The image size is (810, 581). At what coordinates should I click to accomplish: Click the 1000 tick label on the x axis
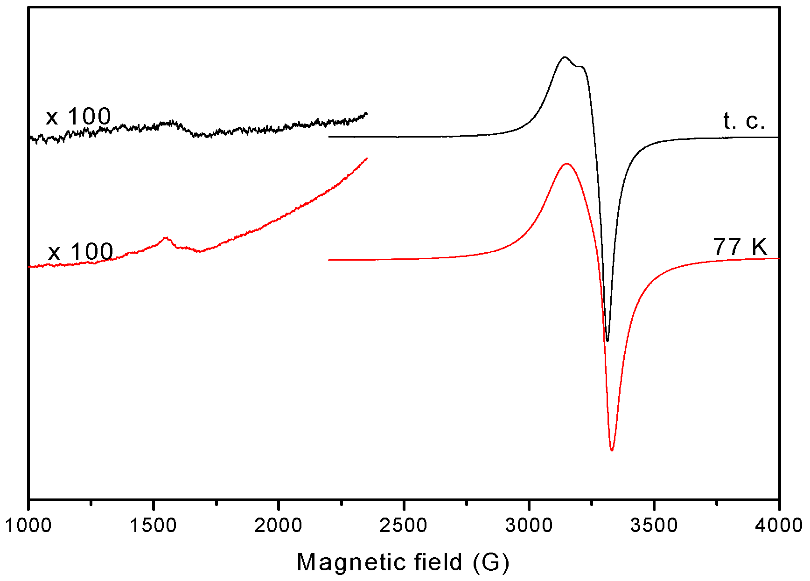coord(28,525)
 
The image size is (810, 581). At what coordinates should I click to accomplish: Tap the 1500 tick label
coord(153,525)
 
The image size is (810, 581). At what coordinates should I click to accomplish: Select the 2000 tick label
coord(278,525)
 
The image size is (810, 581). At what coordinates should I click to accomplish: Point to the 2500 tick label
coord(403,525)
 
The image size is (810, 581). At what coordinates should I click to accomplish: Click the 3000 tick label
coord(529,525)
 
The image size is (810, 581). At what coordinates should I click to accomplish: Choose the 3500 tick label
coord(654,525)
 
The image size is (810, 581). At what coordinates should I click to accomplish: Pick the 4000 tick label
coord(779,525)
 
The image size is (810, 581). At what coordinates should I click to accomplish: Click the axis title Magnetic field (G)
coord(403,562)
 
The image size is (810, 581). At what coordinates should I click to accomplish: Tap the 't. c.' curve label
coord(744,121)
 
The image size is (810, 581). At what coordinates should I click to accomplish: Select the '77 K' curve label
coord(740,247)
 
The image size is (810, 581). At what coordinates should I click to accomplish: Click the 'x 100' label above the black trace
coord(78,116)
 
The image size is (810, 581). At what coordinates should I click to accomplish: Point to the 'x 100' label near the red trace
coord(81,252)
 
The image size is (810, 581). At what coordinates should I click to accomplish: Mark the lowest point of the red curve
coord(612,450)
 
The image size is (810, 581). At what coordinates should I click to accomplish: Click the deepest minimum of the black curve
coord(607,341)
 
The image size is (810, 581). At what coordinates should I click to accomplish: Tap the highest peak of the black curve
coord(565,57)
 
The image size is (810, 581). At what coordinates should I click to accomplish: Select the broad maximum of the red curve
coord(567,164)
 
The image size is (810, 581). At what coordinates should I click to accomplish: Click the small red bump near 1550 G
coord(166,238)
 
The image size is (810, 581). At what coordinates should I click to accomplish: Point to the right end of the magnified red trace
coord(367,158)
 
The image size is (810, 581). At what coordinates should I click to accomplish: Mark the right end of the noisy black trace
coord(367,113)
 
